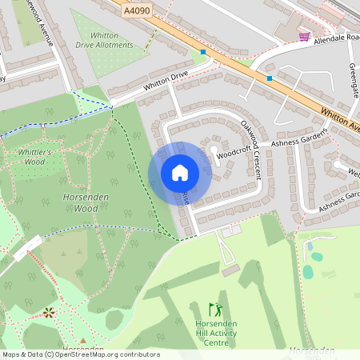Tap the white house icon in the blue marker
[180, 172]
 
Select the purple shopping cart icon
[304, 36]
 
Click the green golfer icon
[214, 309]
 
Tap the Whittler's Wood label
[34, 157]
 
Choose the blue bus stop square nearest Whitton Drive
[203, 52]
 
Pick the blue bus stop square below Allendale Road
[270, 78]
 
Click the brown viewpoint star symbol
[50, 311]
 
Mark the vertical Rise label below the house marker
[186, 197]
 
